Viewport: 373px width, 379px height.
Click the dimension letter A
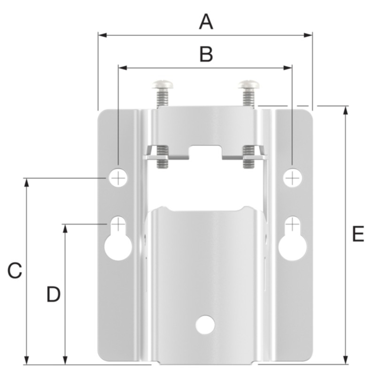click(x=205, y=22)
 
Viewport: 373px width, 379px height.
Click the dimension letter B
click(x=205, y=54)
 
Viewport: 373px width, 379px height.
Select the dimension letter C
click(x=14, y=271)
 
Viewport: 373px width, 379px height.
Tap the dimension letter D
click(x=54, y=295)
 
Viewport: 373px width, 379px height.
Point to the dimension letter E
click(x=357, y=234)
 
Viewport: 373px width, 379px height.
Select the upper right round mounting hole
click(x=293, y=178)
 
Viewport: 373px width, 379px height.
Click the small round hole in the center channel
click(x=205, y=324)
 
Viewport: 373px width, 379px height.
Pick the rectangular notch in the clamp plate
click(x=205, y=152)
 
